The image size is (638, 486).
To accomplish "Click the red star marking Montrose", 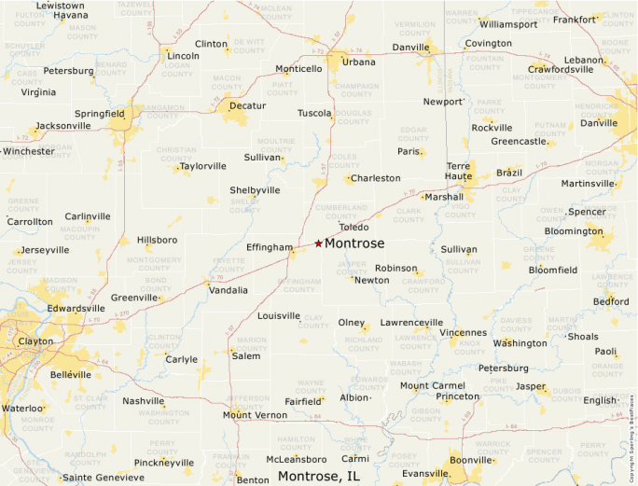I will coord(318,243).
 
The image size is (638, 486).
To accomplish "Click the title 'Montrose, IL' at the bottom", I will coord(318,477).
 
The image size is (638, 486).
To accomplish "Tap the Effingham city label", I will coord(270,247).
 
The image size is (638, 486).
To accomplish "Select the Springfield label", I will coord(99,114).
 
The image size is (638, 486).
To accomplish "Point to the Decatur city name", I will coord(247,106).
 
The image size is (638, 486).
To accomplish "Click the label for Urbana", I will coord(358,62).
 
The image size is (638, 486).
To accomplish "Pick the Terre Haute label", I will coord(458,171).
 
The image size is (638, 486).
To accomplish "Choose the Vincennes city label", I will coord(464,332).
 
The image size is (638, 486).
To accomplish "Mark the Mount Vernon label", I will coord(256,415).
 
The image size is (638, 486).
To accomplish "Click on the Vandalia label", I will coord(228,290).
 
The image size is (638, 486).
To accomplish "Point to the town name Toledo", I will coord(354,227).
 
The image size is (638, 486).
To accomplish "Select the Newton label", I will coord(371,280).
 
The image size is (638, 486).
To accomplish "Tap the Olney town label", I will coord(351,323).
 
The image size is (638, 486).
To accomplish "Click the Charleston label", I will coord(375,178).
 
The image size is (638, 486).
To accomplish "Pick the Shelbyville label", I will coord(255,190).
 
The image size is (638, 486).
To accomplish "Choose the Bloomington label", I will coord(573,231).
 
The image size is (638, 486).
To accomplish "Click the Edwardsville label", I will coord(76,309).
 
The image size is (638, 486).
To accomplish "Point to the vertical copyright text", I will coord(632,420).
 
